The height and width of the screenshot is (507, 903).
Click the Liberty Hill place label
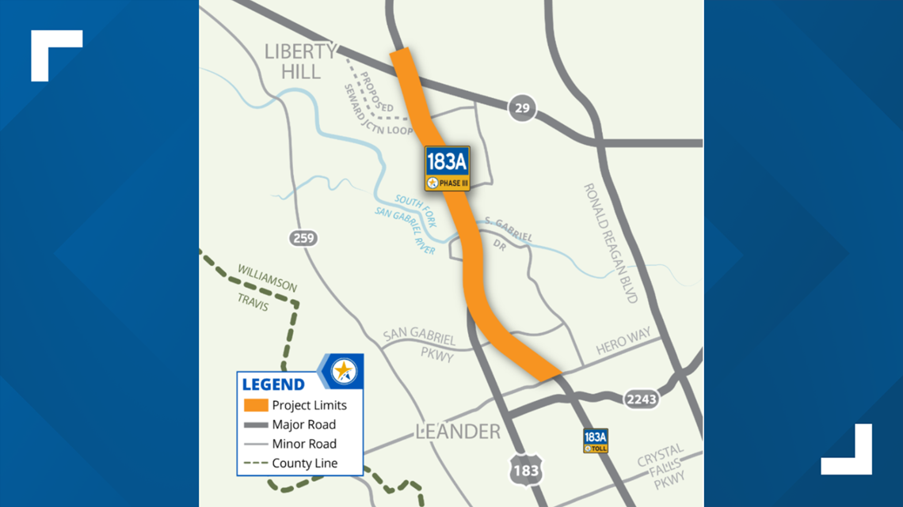click(300, 62)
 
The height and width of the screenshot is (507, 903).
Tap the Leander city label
click(458, 432)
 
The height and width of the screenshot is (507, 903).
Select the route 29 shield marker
click(522, 108)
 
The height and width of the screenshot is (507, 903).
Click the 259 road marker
click(303, 238)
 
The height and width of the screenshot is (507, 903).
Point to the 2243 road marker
click(640, 399)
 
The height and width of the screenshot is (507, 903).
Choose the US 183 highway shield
click(525, 470)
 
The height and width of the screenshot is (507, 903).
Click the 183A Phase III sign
click(448, 168)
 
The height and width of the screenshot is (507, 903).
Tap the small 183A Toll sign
click(596, 441)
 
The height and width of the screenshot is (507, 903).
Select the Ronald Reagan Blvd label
click(611, 243)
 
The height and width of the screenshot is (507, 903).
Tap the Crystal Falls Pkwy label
click(660, 467)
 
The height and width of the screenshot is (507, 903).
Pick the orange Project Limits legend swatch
click(255, 405)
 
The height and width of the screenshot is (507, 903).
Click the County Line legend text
click(304, 463)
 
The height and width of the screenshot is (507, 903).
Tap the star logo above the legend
click(343, 370)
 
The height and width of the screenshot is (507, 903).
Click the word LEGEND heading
click(273, 385)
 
